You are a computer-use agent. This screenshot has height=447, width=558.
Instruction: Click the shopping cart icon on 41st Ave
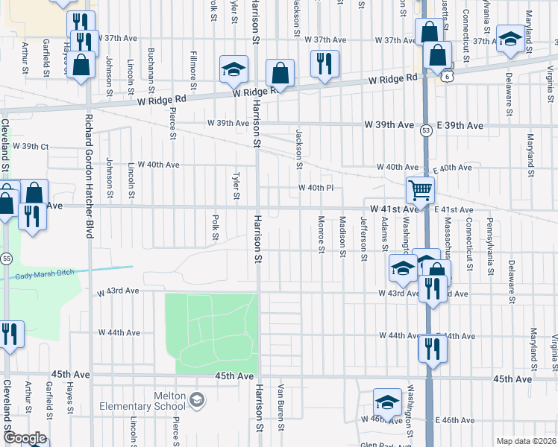[x=420, y=191]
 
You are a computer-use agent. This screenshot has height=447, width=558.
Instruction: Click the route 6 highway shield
[x=445, y=76]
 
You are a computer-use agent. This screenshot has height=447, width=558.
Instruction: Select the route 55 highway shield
[x=6, y=258]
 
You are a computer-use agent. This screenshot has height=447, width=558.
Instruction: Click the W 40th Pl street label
[x=316, y=188]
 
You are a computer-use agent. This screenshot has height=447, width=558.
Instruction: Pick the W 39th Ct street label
[x=30, y=147]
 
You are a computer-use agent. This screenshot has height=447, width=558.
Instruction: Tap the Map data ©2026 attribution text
[x=527, y=441]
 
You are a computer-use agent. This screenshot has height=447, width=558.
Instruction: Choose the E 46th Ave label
[x=455, y=421]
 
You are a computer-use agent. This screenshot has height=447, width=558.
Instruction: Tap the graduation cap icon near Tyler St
[x=233, y=69]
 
